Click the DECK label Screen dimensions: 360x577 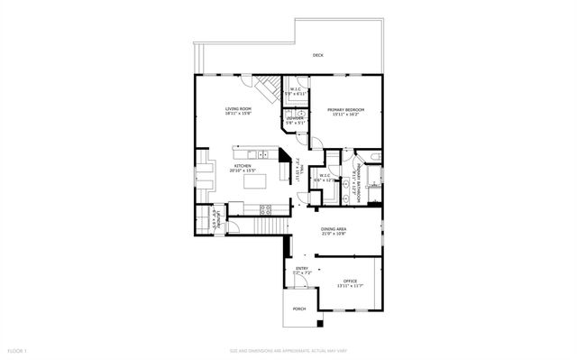[318, 55]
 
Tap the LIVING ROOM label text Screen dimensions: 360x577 [238, 109]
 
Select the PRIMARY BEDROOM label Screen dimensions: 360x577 [347, 109]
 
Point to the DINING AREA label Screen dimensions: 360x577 [334, 229]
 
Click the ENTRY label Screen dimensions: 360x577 [302, 268]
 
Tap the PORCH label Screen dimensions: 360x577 [298, 309]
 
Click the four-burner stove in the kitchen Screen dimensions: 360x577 [265, 209]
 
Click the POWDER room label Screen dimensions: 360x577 [295, 118]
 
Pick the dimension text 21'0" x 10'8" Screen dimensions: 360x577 [334, 235]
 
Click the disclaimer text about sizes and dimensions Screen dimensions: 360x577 [288, 349]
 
